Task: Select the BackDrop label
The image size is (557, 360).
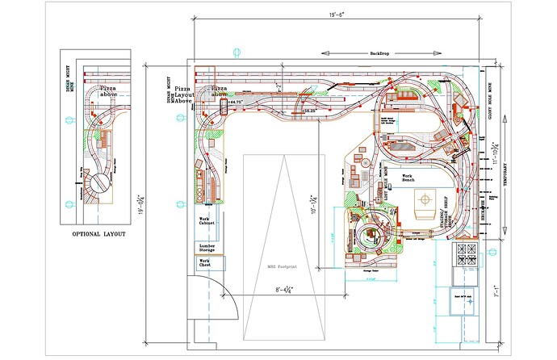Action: tap(381, 53)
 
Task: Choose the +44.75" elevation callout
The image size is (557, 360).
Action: tap(235, 103)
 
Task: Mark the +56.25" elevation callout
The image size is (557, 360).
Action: tap(307, 111)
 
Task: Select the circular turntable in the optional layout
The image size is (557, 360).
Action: tap(98, 185)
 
